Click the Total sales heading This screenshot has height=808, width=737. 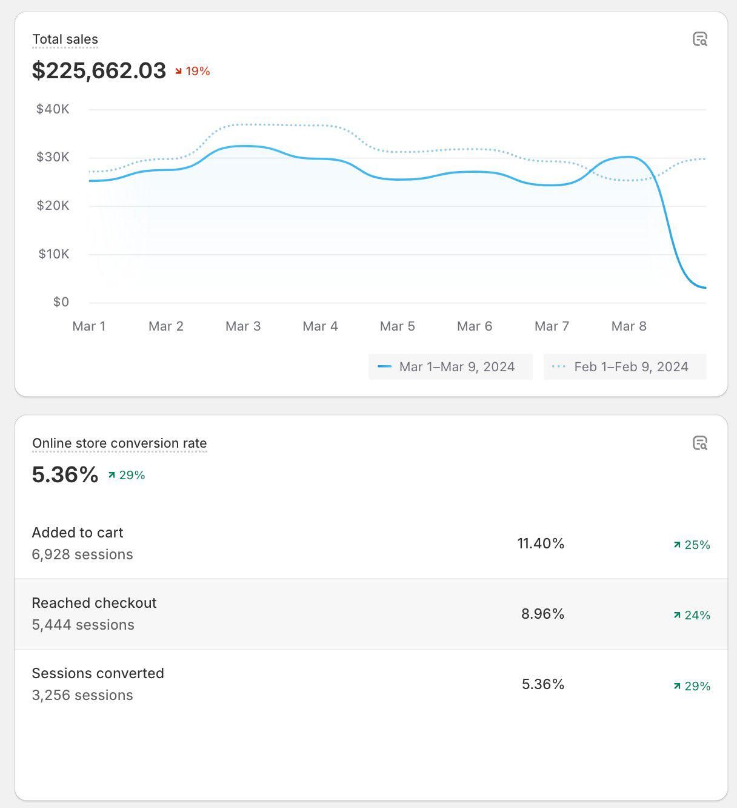point(65,39)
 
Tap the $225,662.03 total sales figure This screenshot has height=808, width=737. point(99,70)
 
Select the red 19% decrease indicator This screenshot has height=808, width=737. point(193,71)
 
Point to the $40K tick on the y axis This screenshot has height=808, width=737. point(53,109)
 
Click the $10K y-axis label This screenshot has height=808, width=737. point(54,254)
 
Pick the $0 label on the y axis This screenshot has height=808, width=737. point(61,301)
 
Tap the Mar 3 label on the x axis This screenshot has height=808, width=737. point(243,326)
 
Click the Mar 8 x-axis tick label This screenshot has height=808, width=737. point(629,326)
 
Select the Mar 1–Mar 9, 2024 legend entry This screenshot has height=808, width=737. point(450,367)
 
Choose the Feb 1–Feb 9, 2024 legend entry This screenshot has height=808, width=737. point(625,367)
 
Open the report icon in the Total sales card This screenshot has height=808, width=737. point(700,39)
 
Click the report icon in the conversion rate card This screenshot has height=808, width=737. point(700,443)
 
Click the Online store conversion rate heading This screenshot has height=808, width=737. point(119,443)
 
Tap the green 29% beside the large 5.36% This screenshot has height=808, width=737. point(127,475)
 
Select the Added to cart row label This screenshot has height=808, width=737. point(78,533)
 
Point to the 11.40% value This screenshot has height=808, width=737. point(541,544)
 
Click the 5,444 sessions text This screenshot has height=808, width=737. point(83,625)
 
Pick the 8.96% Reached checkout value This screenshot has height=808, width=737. point(542,614)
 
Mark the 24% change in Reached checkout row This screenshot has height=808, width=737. point(692,615)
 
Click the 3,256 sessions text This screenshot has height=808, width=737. point(82,695)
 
